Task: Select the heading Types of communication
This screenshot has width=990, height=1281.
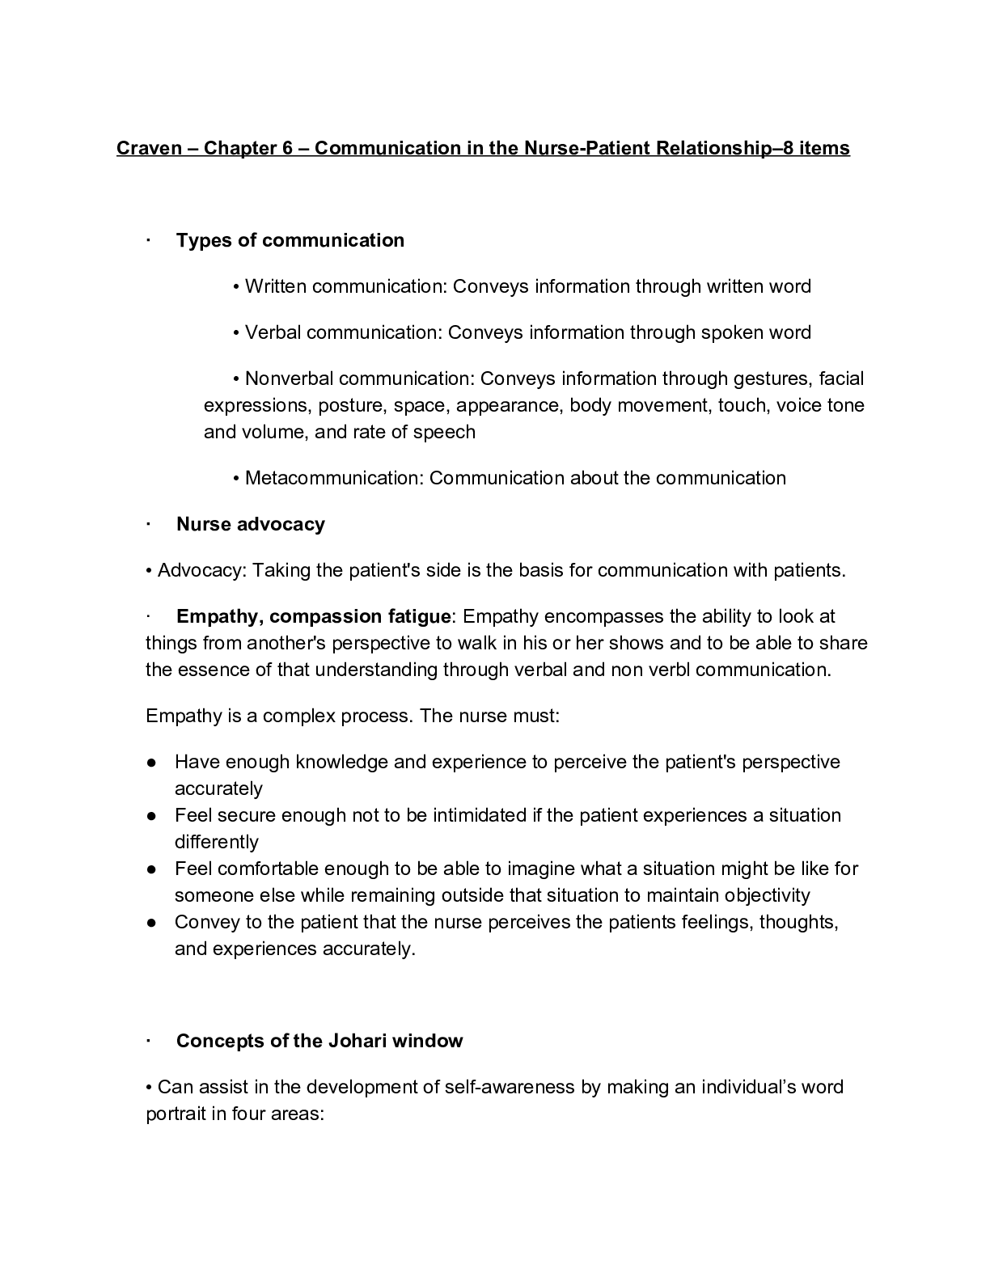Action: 290,240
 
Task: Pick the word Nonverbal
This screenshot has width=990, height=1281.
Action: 289,378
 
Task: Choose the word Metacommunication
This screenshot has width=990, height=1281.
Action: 333,478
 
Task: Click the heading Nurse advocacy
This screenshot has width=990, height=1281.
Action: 251,524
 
